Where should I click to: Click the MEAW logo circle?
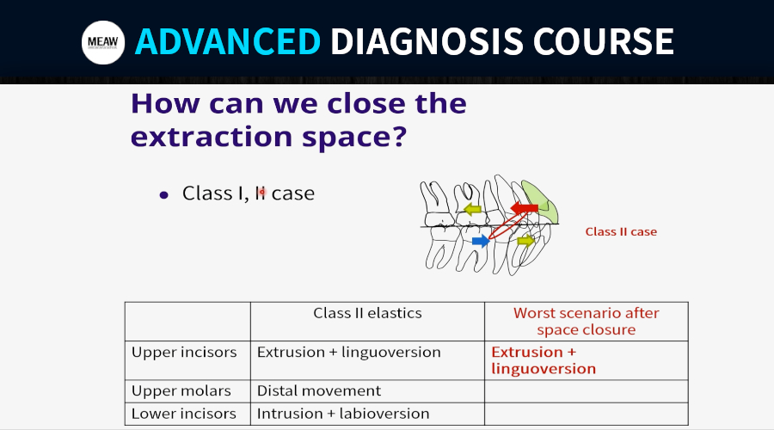click(x=103, y=42)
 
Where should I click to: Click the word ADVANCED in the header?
click(x=228, y=41)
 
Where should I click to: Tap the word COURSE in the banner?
click(x=603, y=41)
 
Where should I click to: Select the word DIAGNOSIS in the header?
click(x=427, y=41)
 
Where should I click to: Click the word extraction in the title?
click(x=212, y=137)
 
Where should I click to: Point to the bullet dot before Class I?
click(x=164, y=195)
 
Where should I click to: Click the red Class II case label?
click(x=621, y=231)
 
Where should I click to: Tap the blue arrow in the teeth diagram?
click(x=480, y=241)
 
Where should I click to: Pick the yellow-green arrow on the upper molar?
click(x=472, y=209)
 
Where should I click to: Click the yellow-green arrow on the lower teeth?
click(x=525, y=241)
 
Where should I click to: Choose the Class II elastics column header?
click(x=367, y=313)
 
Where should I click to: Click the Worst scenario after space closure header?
click(x=586, y=321)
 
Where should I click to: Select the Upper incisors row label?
click(x=184, y=352)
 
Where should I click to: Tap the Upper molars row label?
click(x=181, y=391)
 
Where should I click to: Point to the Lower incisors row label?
click(x=184, y=413)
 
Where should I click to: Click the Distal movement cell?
click(x=319, y=391)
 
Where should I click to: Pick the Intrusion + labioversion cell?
click(x=343, y=413)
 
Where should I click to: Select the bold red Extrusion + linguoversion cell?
click(x=544, y=360)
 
